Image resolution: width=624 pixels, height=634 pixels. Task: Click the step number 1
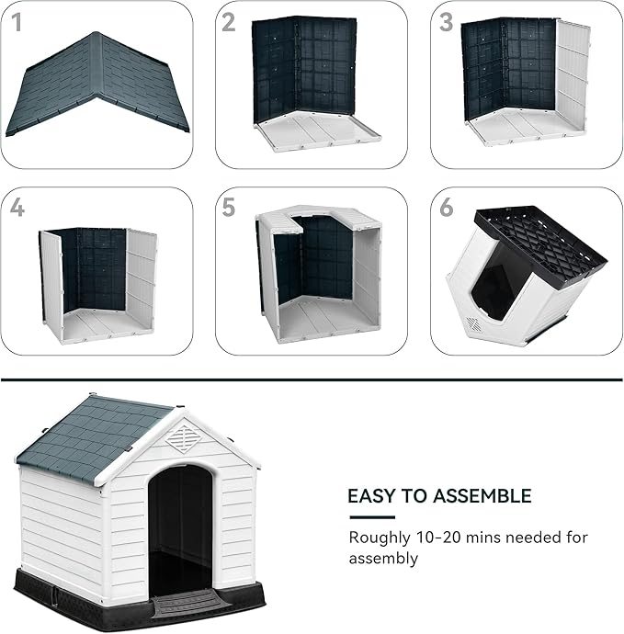(17, 22)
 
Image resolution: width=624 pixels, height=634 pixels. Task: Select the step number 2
(229, 23)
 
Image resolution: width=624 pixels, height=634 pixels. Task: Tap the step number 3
(446, 23)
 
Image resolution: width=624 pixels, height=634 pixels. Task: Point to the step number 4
(17, 209)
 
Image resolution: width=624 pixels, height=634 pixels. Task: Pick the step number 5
(229, 208)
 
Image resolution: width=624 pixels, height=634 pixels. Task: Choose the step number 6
(446, 208)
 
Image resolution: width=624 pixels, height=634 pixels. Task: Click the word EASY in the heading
(370, 496)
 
